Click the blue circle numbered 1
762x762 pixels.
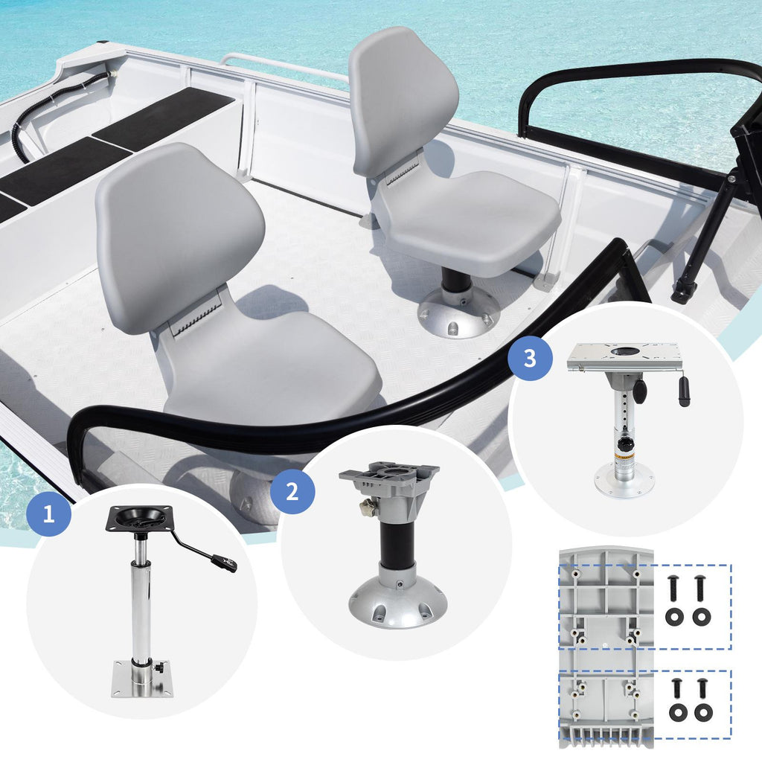48,513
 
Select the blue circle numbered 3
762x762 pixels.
530,359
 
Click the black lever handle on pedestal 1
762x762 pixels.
224,563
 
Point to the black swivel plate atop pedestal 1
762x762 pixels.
140,518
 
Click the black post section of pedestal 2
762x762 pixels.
397,542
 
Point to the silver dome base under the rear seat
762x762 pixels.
459,316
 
